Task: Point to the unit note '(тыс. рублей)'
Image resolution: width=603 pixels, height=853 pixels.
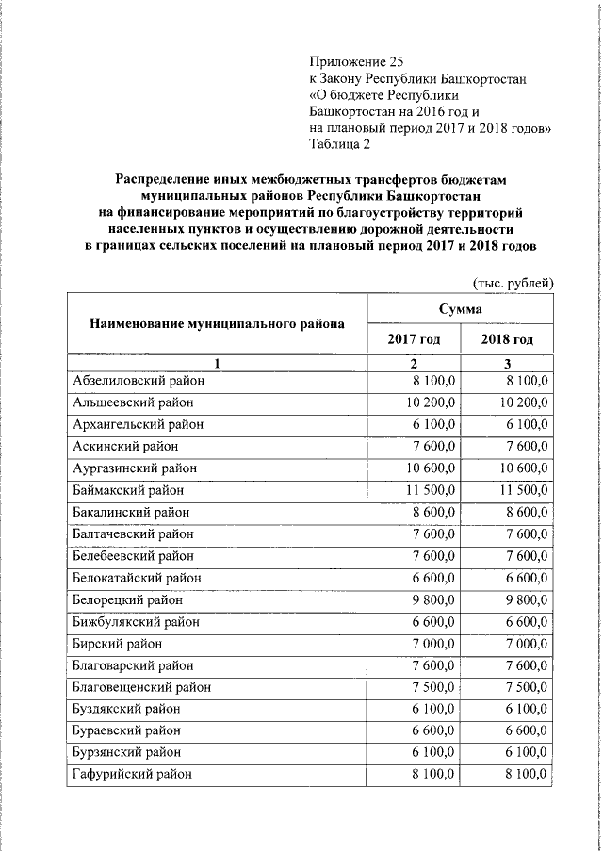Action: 511,283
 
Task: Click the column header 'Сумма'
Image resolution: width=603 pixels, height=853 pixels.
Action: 460,309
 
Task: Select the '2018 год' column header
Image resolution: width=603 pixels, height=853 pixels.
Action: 506,339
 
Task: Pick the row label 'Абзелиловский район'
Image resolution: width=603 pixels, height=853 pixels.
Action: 138,381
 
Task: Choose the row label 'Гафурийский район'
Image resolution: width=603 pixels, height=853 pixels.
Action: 132,774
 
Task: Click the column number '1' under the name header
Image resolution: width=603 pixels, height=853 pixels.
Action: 217,363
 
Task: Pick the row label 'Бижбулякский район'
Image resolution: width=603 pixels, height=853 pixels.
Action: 136,621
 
